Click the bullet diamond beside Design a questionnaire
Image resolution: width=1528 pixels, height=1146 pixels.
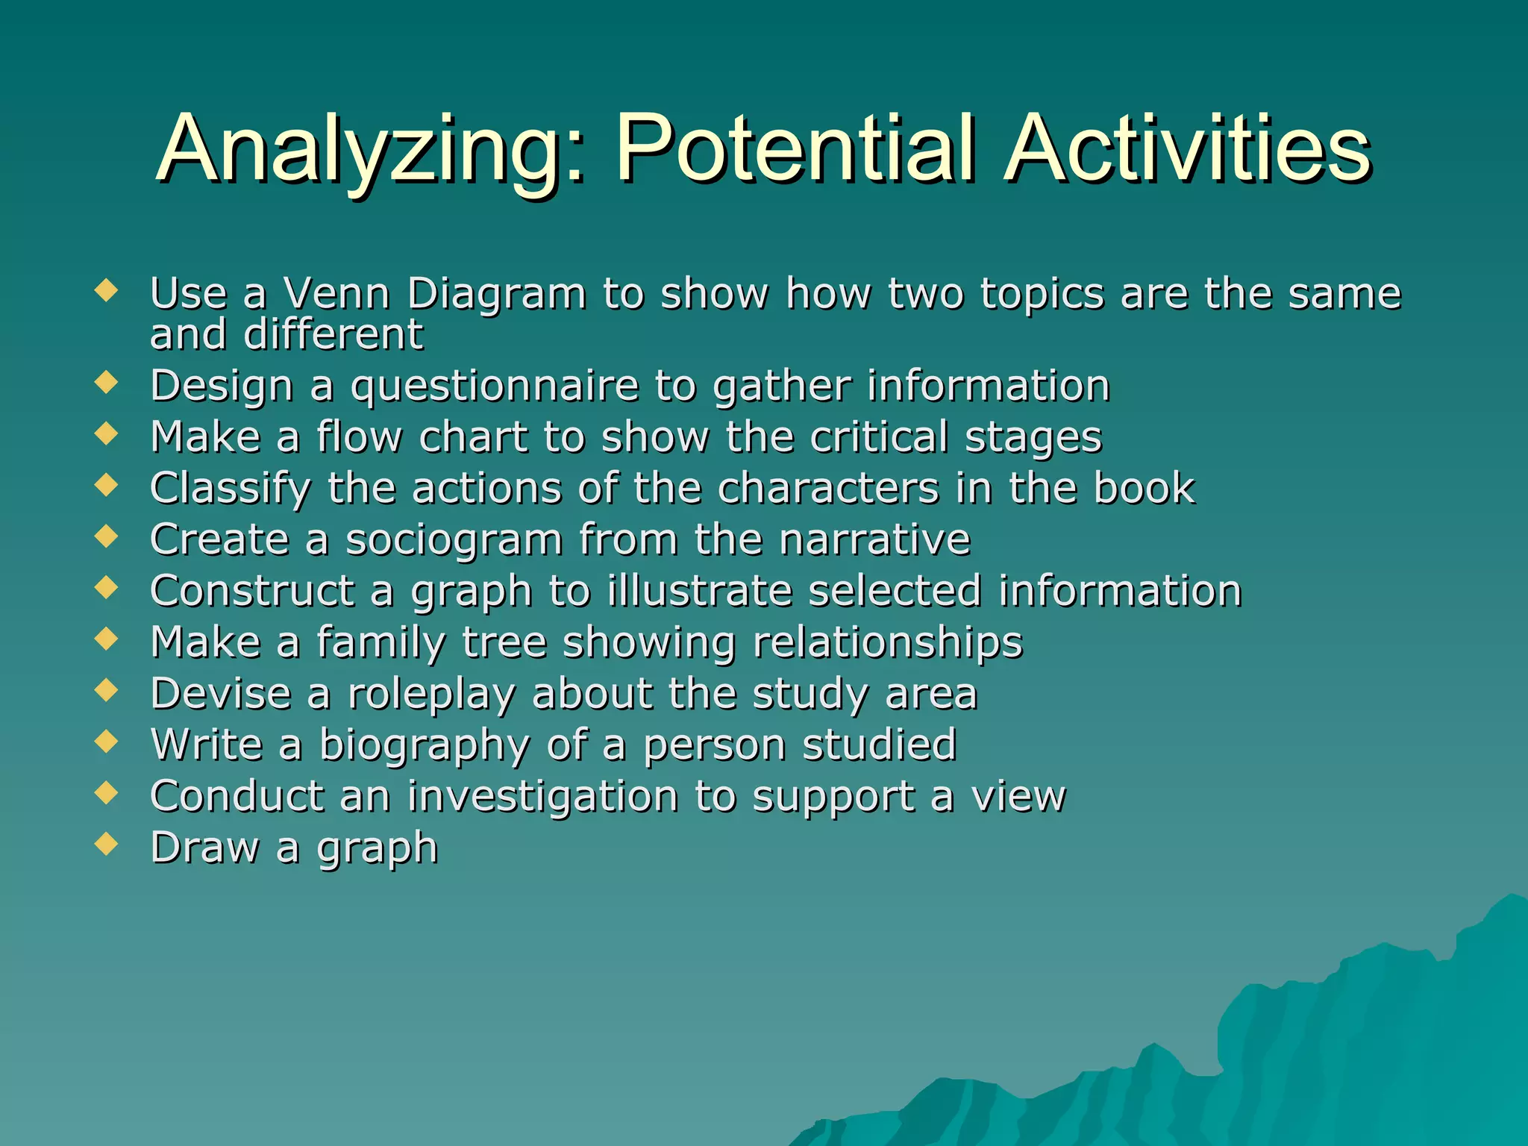107,383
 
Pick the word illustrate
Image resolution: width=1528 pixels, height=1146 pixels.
699,591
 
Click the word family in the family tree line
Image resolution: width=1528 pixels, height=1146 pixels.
381,642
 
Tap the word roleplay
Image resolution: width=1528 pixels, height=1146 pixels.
432,694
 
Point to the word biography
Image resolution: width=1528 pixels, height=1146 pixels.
424,745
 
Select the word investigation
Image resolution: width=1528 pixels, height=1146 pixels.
543,796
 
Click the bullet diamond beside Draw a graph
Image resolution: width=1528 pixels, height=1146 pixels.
107,845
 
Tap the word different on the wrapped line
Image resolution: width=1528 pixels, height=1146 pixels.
334,334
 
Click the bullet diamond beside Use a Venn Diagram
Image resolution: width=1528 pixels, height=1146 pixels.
107,290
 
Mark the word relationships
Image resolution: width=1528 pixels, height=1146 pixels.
888,642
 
